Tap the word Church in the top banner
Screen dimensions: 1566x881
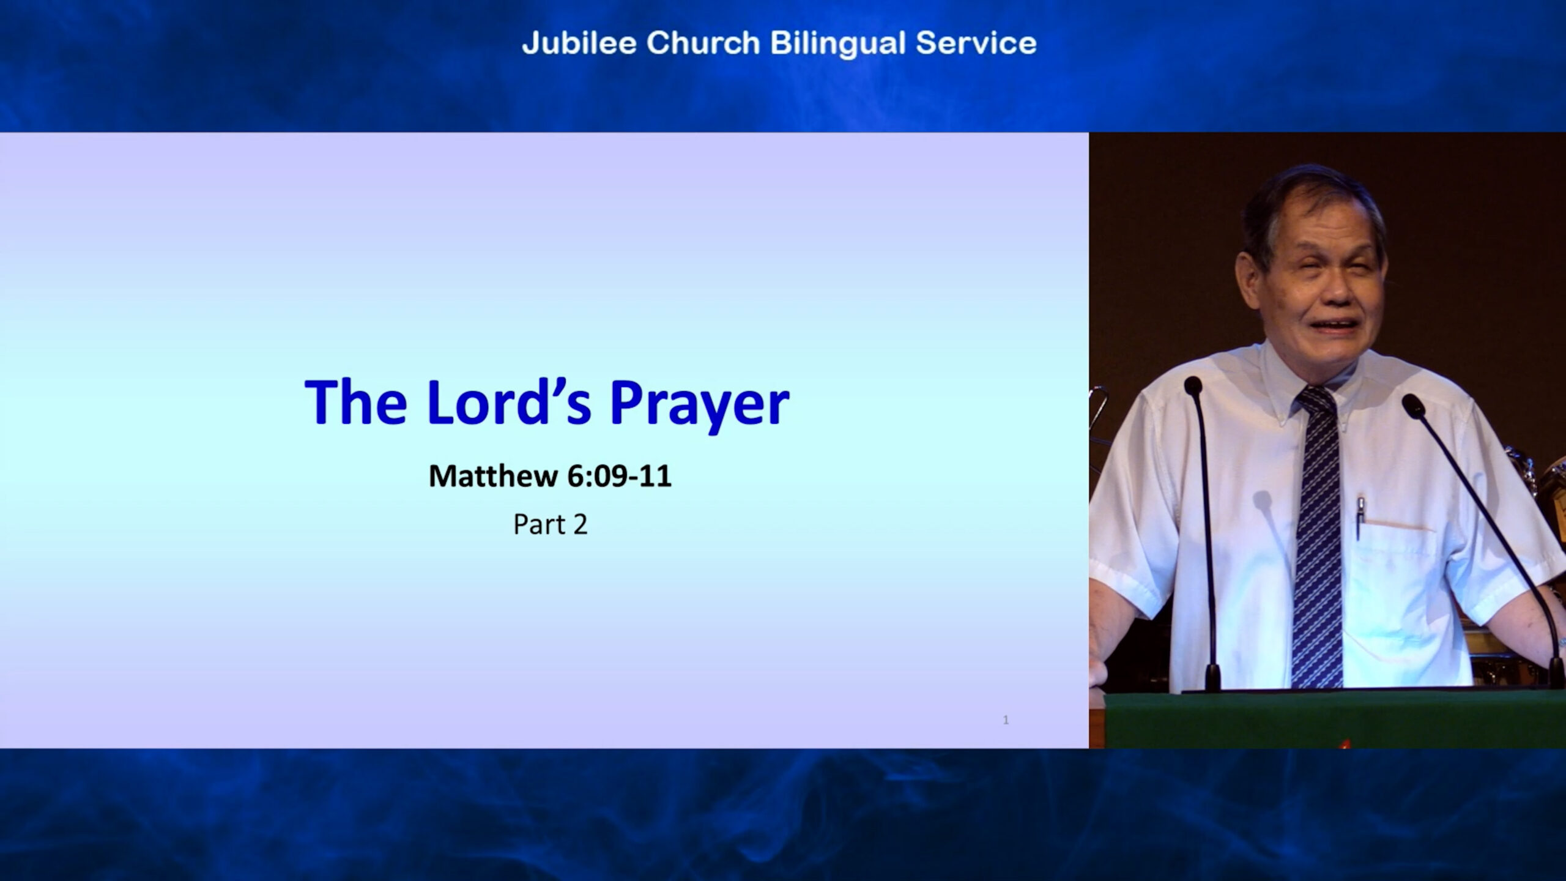[703, 43]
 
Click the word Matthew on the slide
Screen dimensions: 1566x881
[493, 476]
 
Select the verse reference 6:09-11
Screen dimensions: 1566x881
[619, 476]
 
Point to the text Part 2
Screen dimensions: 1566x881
[551, 524]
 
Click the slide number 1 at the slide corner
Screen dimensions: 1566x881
[1006, 720]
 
